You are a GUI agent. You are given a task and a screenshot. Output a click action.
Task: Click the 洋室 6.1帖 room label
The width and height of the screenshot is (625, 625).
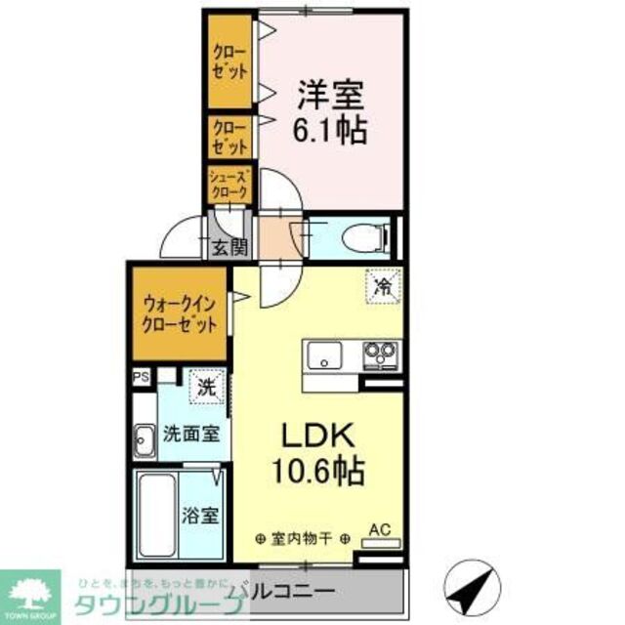pyautogui.click(x=332, y=111)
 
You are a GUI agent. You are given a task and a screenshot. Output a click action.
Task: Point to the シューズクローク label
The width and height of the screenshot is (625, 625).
pyautogui.click(x=230, y=185)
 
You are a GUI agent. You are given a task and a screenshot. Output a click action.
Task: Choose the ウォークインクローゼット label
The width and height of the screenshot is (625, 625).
pyautogui.click(x=179, y=314)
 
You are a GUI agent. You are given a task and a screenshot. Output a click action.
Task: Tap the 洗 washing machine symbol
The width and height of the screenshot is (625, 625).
pyautogui.click(x=206, y=386)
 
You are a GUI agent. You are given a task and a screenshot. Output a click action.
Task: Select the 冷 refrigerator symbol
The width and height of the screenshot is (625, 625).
pyautogui.click(x=383, y=287)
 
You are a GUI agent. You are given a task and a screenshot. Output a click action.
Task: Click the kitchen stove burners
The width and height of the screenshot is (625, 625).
pyautogui.click(x=380, y=353)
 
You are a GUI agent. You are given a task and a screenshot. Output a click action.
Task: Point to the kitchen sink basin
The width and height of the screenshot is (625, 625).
pyautogui.click(x=323, y=355)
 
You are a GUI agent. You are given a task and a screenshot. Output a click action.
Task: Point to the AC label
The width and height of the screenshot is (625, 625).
pyautogui.click(x=379, y=530)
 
